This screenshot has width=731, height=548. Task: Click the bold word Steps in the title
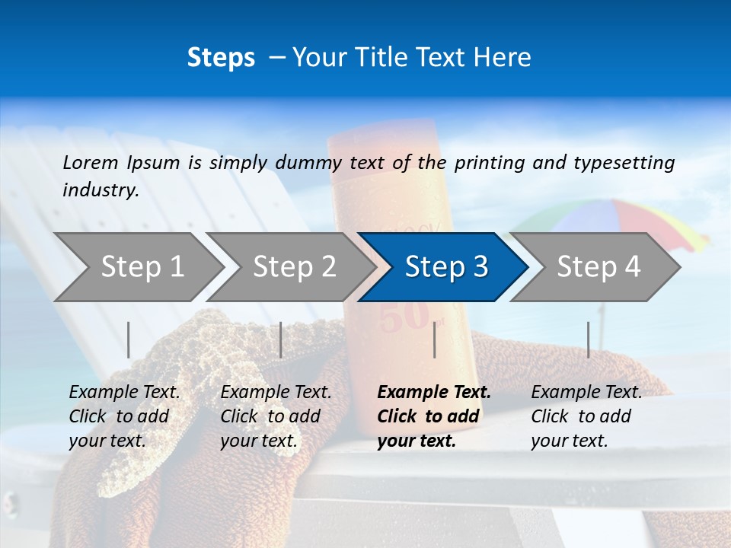[221, 58]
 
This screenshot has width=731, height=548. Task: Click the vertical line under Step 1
[129, 339]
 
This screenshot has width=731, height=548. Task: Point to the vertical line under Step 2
[281, 339]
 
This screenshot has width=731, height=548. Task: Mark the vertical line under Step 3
[435, 339]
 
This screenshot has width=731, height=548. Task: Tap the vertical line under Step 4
[589, 339]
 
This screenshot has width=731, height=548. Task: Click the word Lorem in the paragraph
[91, 162]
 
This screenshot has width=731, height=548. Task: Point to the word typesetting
[624, 163]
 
